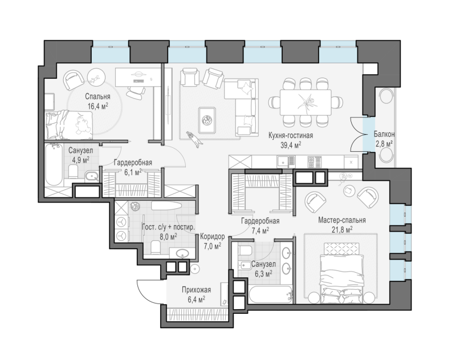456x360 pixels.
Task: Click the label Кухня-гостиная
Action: point(291,135)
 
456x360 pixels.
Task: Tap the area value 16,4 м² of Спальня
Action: point(98,106)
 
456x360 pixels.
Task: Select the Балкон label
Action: point(384,134)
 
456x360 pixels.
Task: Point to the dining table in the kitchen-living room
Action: point(306,102)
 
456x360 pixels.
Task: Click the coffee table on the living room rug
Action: point(207,120)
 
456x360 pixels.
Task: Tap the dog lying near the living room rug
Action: point(194,139)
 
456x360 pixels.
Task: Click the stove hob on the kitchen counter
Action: point(315,162)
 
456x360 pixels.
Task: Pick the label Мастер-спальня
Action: point(341,220)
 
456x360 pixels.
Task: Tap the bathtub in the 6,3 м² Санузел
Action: point(270,294)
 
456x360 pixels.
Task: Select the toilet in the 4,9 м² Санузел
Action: point(73,171)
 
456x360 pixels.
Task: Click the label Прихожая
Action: point(196,290)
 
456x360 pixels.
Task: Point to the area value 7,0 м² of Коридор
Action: point(212,246)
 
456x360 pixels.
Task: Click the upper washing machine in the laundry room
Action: point(121,222)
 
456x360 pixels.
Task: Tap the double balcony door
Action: point(359,134)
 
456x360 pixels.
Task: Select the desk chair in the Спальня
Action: point(136,91)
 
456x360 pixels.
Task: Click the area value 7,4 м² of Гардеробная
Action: point(260,230)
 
